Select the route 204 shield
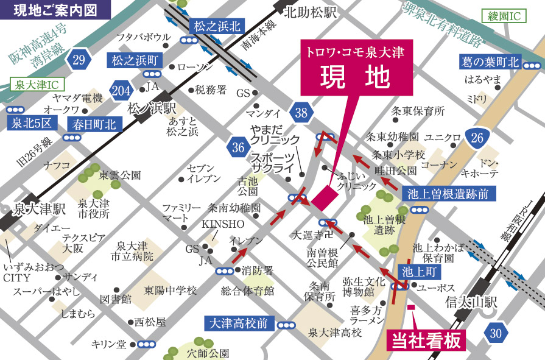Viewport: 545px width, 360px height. [121, 91]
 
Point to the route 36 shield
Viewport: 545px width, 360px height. [237, 146]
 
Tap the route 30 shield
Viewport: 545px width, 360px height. [496, 332]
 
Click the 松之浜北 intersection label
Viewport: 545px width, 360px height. [217, 26]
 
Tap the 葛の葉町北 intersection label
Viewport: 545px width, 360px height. [490, 62]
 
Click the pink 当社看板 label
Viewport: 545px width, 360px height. [426, 340]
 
